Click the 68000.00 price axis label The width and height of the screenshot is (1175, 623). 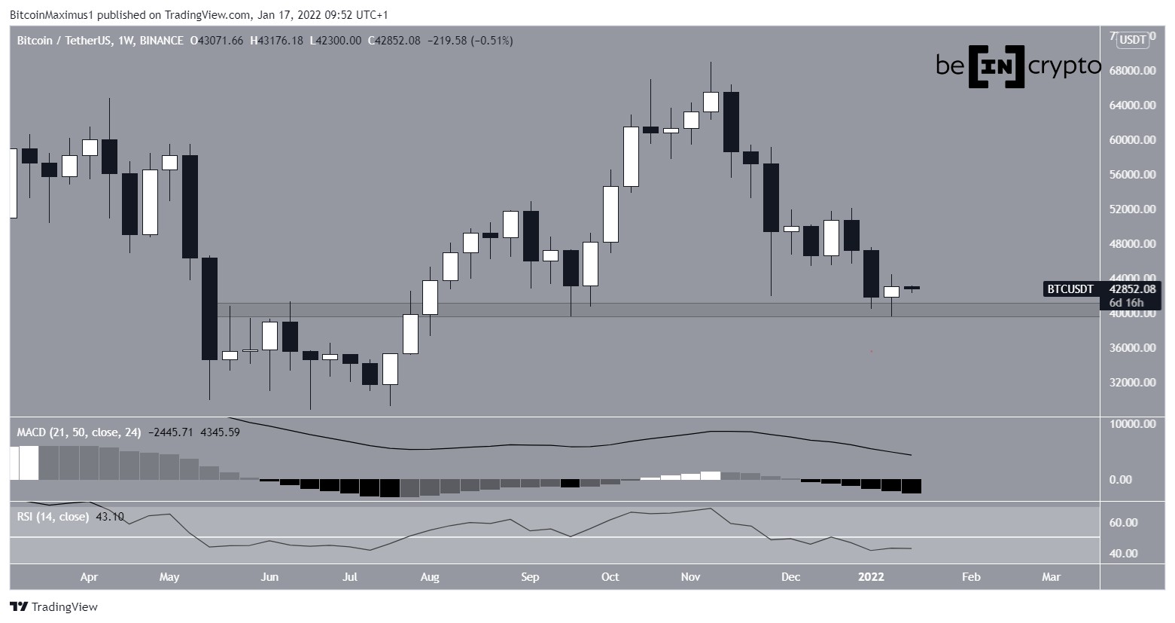[1133, 71]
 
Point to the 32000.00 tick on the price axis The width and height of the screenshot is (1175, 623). [1133, 383]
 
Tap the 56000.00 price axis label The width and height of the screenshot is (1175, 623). [1133, 175]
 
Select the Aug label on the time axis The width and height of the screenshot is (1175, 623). [429, 577]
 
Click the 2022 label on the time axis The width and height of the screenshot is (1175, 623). [872, 577]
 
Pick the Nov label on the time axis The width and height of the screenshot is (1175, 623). [690, 577]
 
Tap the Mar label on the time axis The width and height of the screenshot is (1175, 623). [1051, 577]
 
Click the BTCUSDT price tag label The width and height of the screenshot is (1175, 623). [1070, 289]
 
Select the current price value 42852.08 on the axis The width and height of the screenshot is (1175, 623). [1132, 289]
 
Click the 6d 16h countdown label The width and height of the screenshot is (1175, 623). [1126, 303]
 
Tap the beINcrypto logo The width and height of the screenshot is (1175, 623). [1018, 66]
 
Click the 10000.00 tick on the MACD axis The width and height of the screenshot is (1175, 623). [1133, 424]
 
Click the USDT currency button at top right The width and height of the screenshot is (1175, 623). [1133, 40]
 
